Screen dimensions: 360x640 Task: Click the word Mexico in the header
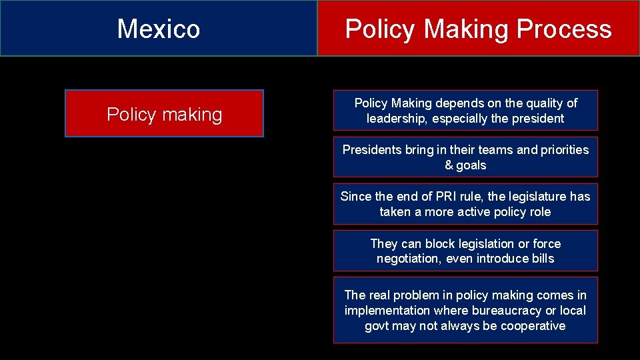159,29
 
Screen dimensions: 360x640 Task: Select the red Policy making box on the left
164,114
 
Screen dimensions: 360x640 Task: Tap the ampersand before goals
449,165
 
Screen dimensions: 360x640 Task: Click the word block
441,243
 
